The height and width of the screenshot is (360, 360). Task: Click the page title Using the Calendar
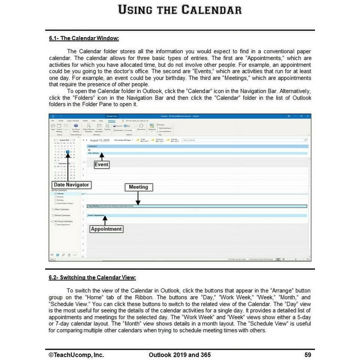pyautogui.click(x=180, y=10)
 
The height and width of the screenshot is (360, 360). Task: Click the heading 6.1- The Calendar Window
pyautogui.click(x=84, y=38)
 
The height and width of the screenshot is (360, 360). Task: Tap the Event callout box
pyautogui.click(x=101, y=165)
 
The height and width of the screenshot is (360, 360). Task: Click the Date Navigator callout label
pyautogui.click(x=71, y=185)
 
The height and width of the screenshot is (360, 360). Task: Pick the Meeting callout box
pyautogui.click(x=138, y=187)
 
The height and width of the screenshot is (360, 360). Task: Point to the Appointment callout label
pyautogui.click(x=106, y=229)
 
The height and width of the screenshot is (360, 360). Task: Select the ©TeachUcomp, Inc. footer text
pyautogui.click(x=76, y=355)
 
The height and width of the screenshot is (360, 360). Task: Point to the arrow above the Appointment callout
pyautogui.click(x=105, y=220)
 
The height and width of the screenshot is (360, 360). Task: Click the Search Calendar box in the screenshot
pyautogui.click(x=244, y=140)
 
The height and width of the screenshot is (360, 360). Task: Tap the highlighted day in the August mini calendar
pyautogui.click(x=68, y=152)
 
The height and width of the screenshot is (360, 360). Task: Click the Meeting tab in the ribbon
pyautogui.click(x=112, y=120)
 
